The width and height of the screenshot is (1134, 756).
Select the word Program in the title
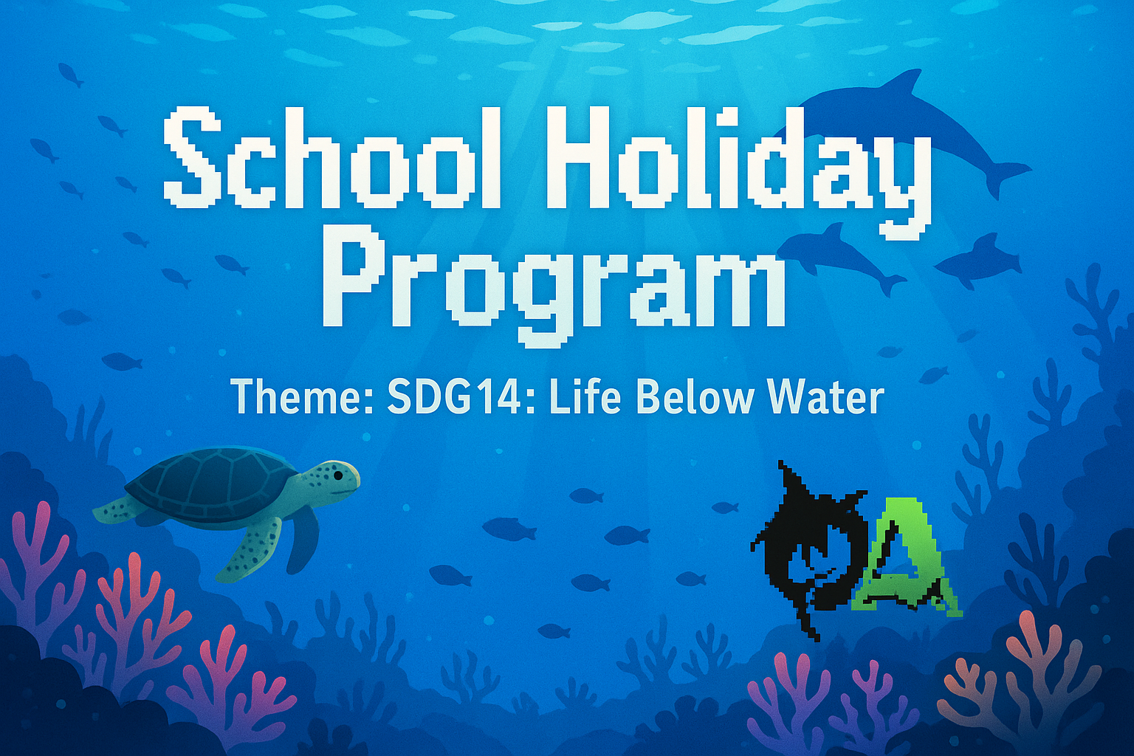[554, 284]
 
